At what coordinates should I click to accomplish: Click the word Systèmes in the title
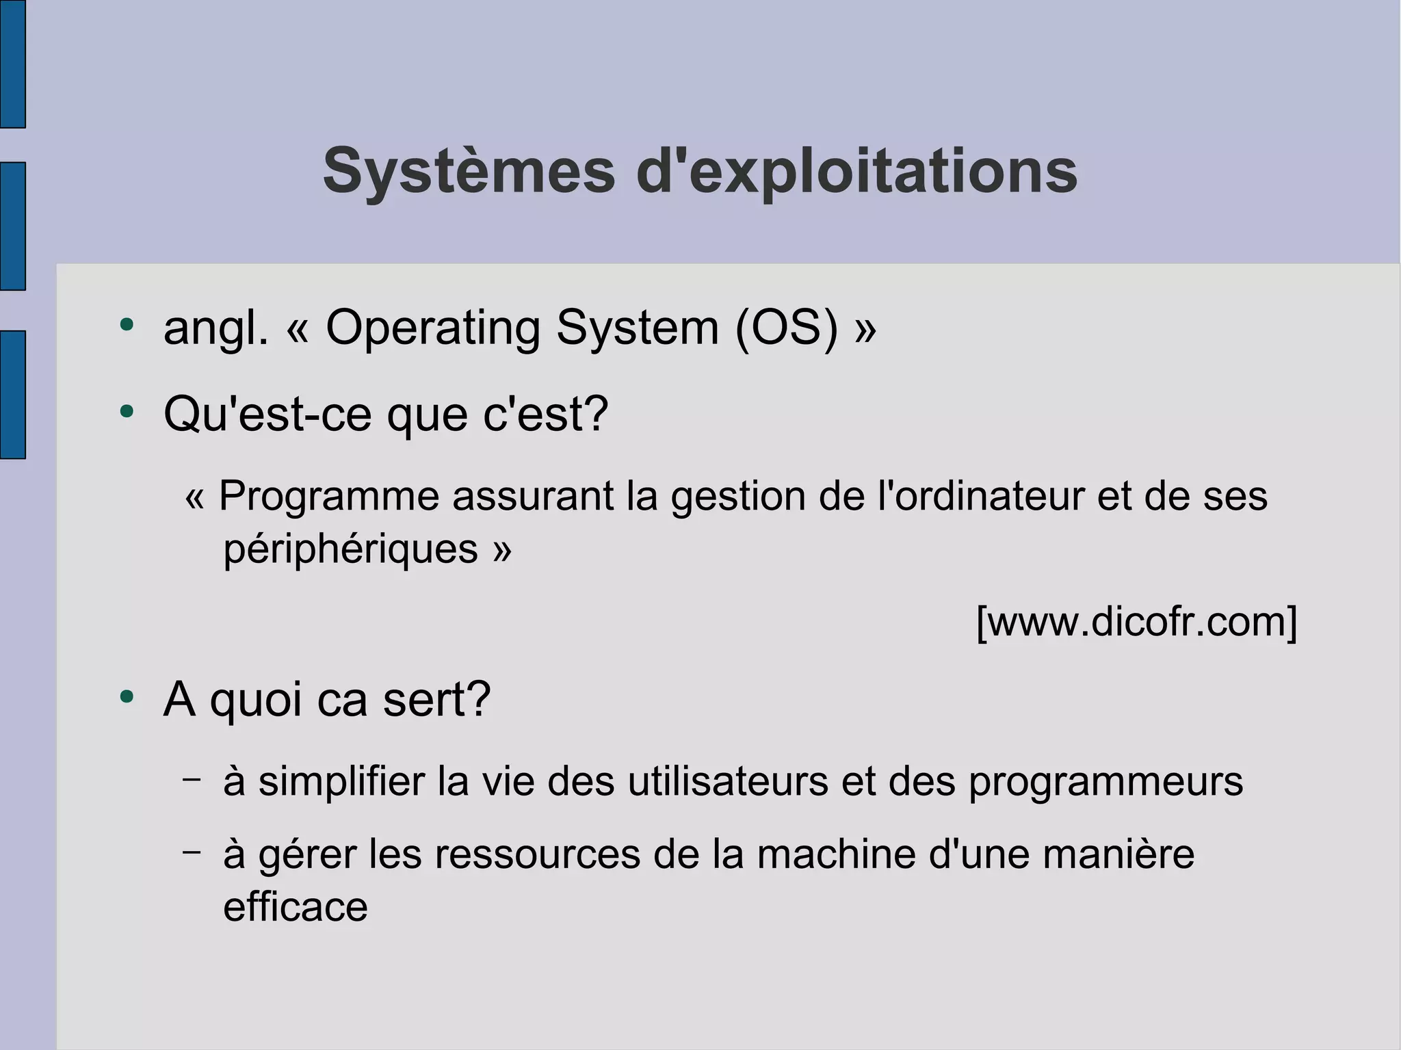469,172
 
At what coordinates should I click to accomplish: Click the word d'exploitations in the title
856,172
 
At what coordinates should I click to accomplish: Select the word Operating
433,328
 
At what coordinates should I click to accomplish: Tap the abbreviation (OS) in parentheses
786,328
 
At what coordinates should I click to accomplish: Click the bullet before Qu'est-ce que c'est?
126,412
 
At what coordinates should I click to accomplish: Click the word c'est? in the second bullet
545,414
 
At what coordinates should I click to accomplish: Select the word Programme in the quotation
328,496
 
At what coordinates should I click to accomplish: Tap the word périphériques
350,549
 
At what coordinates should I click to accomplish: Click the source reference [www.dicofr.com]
1136,621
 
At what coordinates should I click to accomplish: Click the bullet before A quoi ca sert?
126,697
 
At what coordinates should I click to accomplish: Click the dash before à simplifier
192,778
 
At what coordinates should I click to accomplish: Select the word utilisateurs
728,781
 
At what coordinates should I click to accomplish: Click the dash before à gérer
192,852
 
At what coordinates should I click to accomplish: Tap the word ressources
536,854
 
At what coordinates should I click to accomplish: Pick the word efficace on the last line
296,907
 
